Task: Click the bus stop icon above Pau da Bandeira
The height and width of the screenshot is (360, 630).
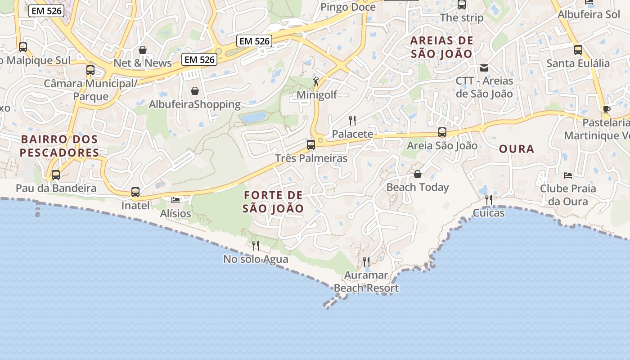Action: (x=56, y=175)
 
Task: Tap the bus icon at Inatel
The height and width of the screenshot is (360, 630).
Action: (x=135, y=192)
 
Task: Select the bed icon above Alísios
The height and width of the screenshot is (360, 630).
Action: (x=175, y=200)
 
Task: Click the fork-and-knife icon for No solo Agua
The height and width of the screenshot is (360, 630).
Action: (x=256, y=245)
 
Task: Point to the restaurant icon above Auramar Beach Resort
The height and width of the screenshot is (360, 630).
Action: (x=366, y=261)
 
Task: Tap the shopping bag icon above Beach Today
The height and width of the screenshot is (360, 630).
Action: (x=418, y=174)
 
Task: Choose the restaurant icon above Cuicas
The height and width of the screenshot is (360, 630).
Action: (x=489, y=199)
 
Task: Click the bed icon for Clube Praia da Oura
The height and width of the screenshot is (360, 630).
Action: (x=568, y=175)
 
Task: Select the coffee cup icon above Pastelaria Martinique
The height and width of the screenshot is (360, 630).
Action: (x=607, y=109)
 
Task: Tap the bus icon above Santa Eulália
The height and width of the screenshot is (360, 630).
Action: (x=578, y=49)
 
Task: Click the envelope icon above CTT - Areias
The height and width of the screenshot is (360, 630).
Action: (x=484, y=68)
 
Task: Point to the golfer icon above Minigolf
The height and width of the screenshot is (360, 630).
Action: (x=316, y=81)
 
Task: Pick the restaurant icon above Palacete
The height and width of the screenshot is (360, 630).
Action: (x=352, y=120)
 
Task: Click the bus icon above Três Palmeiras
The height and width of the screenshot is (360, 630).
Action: (x=311, y=145)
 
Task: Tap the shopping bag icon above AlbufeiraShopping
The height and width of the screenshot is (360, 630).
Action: (x=195, y=91)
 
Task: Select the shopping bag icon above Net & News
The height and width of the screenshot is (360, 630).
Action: (x=143, y=49)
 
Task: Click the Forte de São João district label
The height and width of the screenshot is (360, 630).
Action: (x=273, y=202)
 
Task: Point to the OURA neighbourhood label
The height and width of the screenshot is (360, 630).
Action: (x=517, y=148)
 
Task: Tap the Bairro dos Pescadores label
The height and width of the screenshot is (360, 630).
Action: (x=59, y=145)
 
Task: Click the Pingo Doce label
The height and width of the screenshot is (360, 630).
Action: (x=348, y=7)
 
